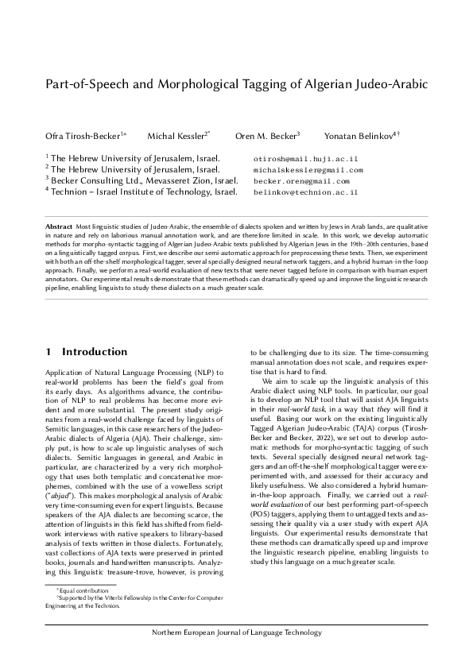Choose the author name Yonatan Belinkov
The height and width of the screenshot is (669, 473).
(357, 136)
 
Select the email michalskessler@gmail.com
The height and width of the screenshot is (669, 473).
(308, 170)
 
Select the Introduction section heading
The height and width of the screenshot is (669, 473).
(95, 351)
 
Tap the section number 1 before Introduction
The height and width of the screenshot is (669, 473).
(49, 351)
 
